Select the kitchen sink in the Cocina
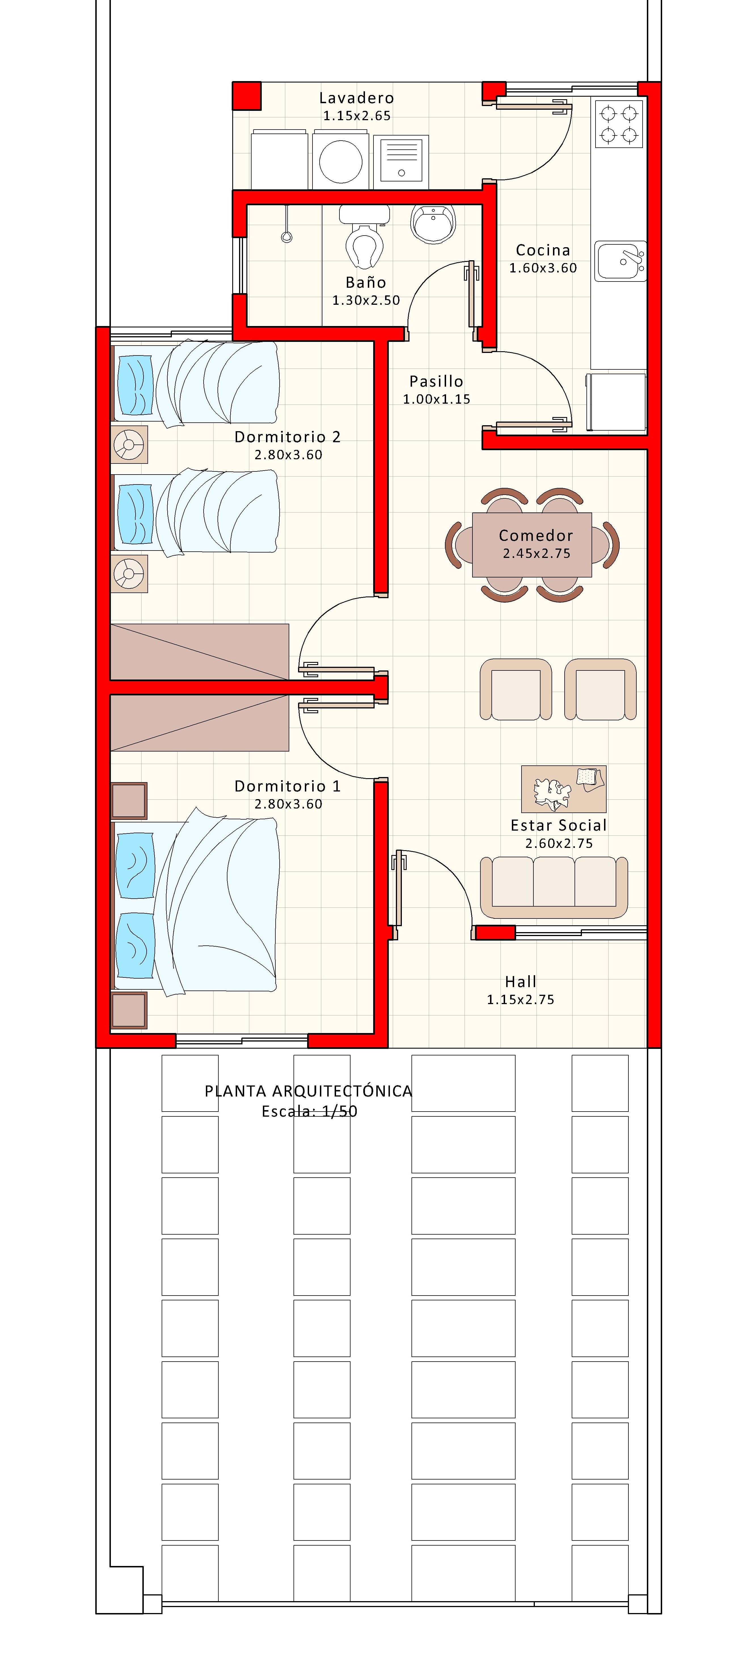[x=620, y=261]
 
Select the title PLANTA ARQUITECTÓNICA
[x=308, y=1091]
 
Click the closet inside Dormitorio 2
[x=199, y=652]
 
